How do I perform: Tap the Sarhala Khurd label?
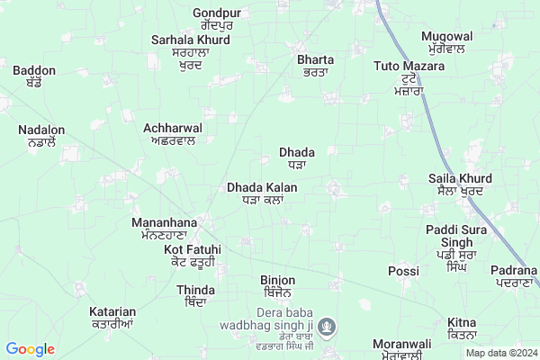[191, 40]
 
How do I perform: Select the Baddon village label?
[34, 70]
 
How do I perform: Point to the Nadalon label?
[41, 130]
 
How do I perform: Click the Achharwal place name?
[173, 129]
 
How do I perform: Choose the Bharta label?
[315, 60]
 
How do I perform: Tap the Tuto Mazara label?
[410, 67]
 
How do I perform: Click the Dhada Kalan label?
[263, 187]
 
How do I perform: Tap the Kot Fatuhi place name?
[190, 249]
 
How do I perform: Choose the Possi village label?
[403, 271]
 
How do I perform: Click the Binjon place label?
[277, 281]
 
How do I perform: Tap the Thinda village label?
[196, 290]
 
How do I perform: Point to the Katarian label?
[112, 312]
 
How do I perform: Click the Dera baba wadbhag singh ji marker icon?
[329, 325]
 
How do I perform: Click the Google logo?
[31, 349]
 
